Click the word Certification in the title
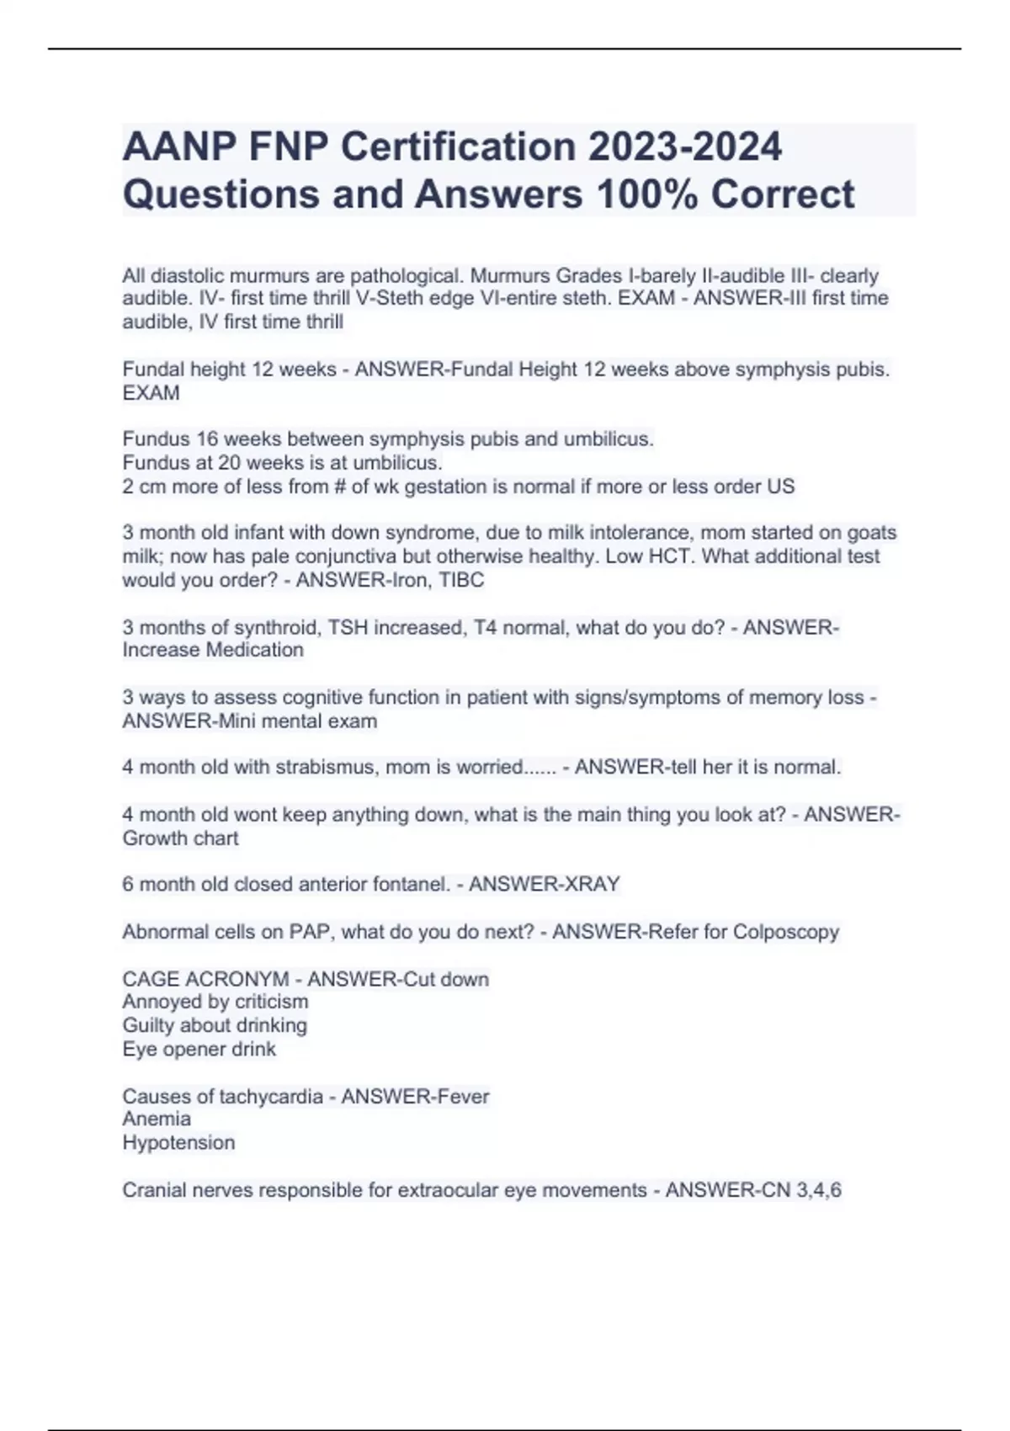(458, 147)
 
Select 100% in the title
(646, 194)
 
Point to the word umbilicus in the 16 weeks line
(608, 439)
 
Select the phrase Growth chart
(180, 838)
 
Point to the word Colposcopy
(786, 933)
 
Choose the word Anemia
(157, 1120)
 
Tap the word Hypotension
(178, 1143)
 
